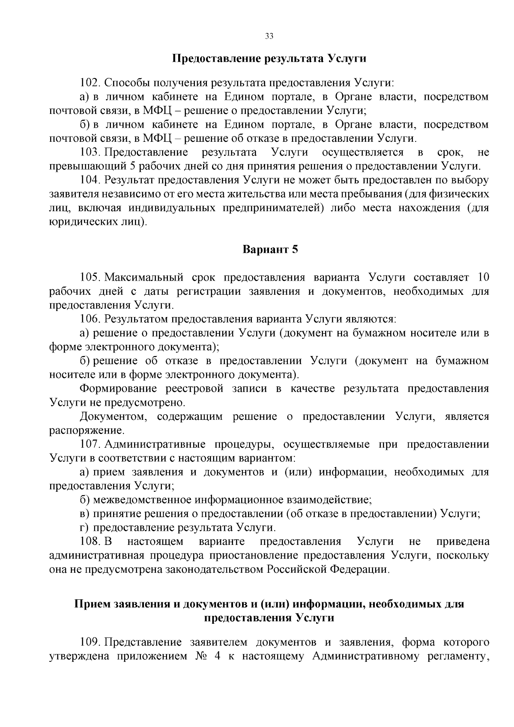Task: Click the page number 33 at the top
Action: (269, 36)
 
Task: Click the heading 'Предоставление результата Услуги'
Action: (269, 58)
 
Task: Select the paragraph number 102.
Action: (90, 83)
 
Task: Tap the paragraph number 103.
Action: (90, 153)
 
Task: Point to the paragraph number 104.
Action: (90, 180)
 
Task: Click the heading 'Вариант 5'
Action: (270, 249)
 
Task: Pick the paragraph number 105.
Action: (90, 277)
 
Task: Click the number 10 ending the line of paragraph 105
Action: (483, 277)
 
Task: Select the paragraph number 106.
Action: (90, 319)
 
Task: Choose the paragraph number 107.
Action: (90, 444)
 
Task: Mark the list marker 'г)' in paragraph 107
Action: (84, 527)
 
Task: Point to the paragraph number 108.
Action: (90, 542)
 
